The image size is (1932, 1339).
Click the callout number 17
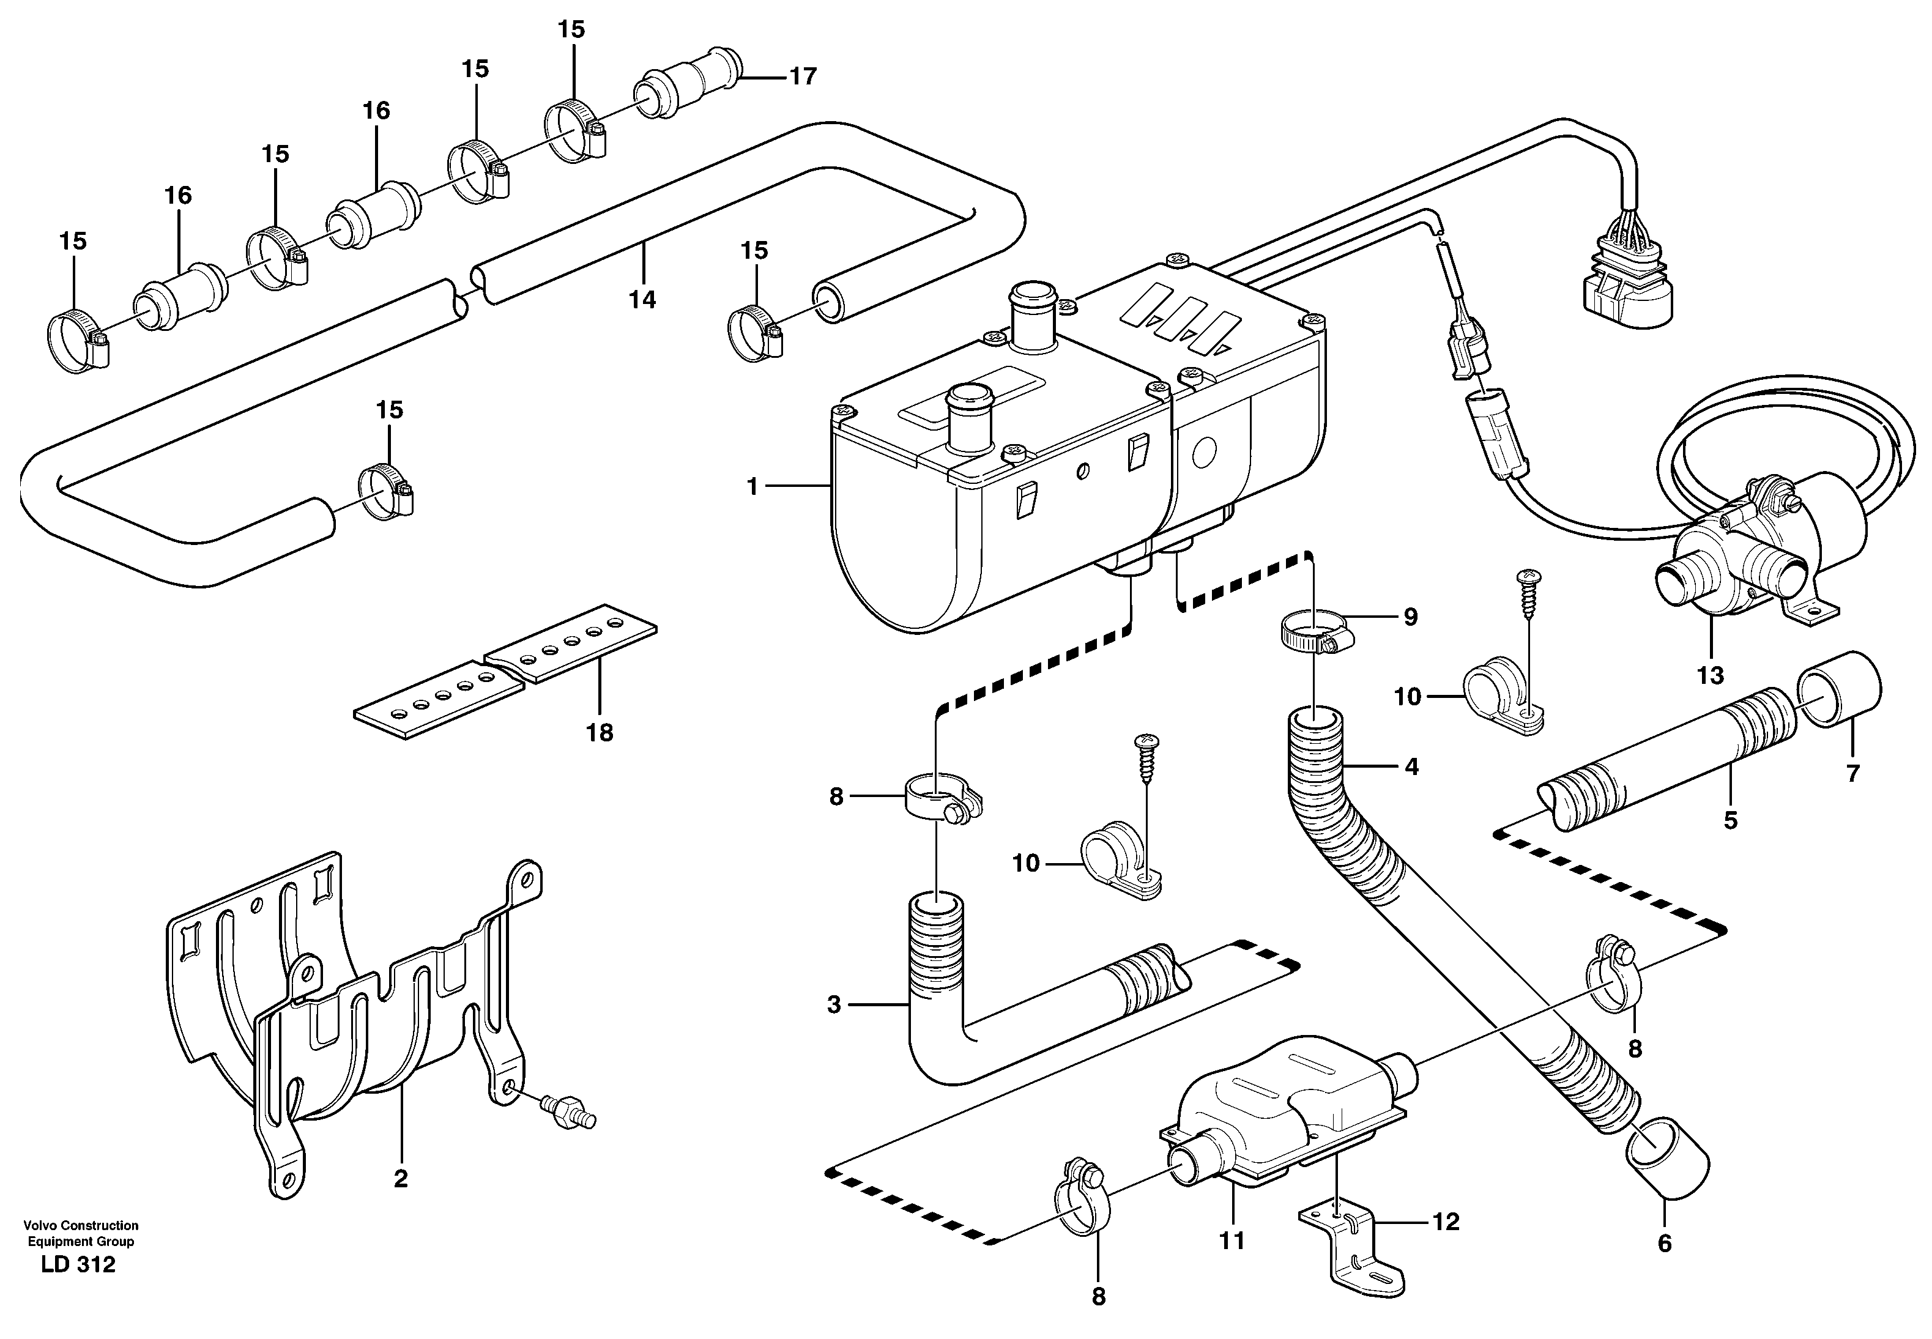pyautogui.click(x=803, y=76)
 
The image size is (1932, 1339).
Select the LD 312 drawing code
pyautogui.click(x=78, y=1265)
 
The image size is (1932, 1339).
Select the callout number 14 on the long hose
pyautogui.click(x=642, y=300)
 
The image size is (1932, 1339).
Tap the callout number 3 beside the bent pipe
pyautogui.click(x=833, y=1004)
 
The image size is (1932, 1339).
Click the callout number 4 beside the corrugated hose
pyautogui.click(x=1412, y=766)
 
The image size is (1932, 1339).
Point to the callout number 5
pyautogui.click(x=1731, y=820)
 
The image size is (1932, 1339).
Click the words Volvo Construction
pyautogui.click(x=81, y=1225)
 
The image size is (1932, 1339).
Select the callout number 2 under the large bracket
pyautogui.click(x=400, y=1179)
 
